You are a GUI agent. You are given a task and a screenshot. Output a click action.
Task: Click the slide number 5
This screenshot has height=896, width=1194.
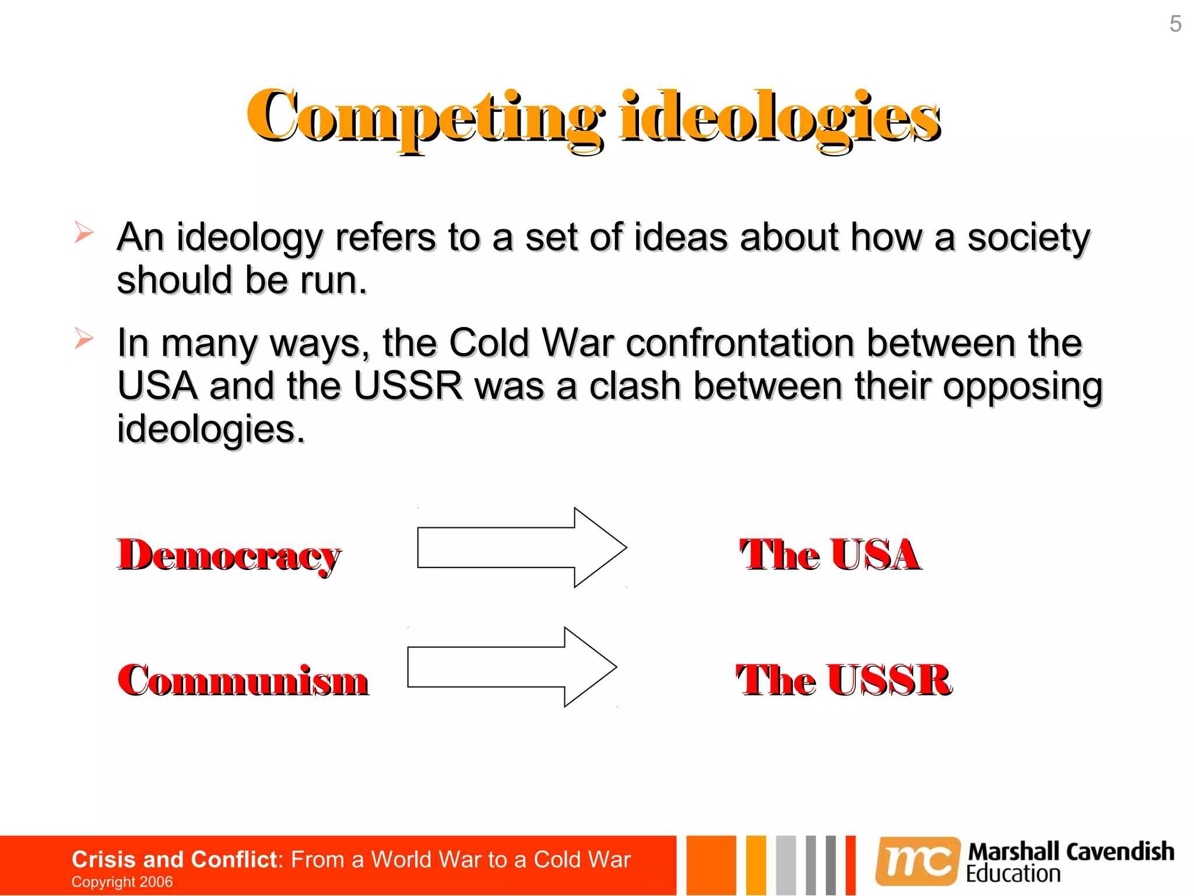1175,24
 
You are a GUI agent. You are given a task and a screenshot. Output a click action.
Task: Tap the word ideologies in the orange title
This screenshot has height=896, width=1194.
780,117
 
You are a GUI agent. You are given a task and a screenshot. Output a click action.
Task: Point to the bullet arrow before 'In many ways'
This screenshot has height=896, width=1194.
83,338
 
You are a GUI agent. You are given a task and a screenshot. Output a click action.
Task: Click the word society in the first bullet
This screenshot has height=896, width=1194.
1028,238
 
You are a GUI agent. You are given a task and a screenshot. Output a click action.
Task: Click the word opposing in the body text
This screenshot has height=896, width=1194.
1023,387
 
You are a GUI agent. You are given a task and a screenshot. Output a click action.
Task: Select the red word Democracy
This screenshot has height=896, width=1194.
229,555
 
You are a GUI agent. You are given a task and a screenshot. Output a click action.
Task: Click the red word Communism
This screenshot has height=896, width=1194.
243,680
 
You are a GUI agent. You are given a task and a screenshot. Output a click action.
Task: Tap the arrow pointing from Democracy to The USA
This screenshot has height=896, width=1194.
522,547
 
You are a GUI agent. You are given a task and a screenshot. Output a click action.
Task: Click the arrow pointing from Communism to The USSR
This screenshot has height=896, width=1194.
512,667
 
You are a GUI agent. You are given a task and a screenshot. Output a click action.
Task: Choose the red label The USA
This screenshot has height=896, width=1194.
830,554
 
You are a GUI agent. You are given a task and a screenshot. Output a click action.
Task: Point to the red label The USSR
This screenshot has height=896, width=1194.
844,680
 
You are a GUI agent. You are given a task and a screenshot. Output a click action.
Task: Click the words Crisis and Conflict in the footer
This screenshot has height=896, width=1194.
174,859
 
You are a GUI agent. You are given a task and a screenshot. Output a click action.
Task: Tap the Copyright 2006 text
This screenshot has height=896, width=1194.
122,882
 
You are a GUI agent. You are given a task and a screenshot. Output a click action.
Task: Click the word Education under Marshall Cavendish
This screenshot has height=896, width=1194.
1013,874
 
